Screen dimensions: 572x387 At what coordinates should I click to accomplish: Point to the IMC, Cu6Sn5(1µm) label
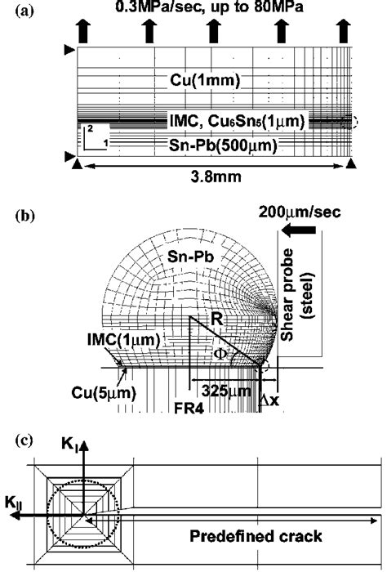point(235,122)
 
